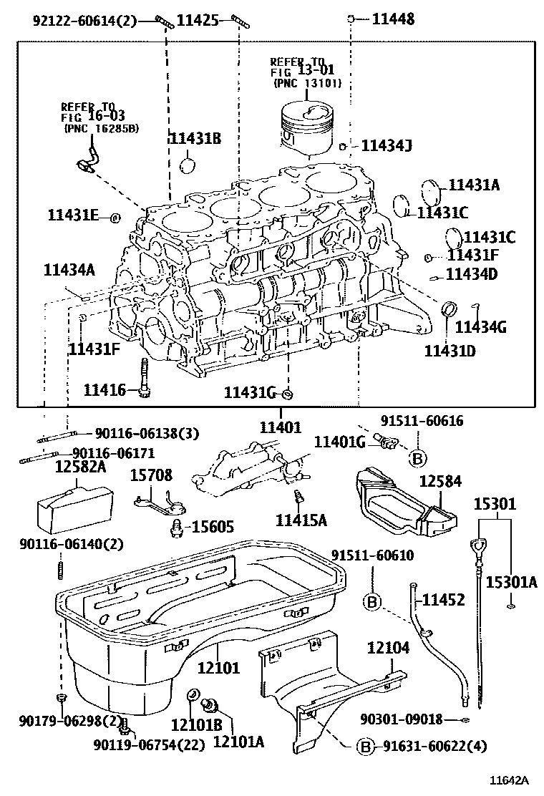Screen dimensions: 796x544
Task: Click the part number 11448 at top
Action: pos(393,19)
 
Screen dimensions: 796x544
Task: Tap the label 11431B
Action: pos(194,139)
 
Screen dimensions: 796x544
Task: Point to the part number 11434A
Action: pos(69,269)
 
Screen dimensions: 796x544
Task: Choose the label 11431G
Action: pos(250,392)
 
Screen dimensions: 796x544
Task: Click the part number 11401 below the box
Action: pos(281,427)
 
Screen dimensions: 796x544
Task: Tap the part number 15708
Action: pos(151,474)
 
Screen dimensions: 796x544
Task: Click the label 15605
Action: pos(210,527)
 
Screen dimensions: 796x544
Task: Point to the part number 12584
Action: pos(439,481)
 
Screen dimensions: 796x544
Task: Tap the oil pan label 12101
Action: pos(219,669)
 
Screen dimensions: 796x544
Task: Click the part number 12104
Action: pos(389,649)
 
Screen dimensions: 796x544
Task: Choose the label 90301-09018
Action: pos(401,719)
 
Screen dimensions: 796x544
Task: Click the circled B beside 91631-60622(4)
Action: pos(364,747)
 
